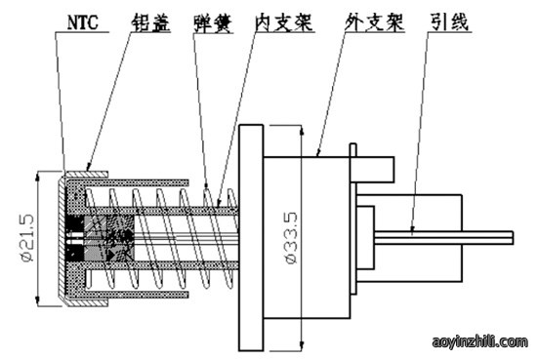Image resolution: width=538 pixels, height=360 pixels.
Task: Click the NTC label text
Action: [83, 22]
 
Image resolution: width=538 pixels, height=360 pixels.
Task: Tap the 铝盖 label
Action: [150, 22]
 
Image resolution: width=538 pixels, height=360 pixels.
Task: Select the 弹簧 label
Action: [213, 23]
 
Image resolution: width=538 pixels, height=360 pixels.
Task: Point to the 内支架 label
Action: [284, 22]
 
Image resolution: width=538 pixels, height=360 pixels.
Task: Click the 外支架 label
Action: [375, 22]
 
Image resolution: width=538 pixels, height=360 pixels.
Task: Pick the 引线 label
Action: [449, 22]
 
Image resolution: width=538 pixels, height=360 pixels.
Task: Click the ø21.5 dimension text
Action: [27, 238]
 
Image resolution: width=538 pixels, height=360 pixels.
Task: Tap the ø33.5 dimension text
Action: [291, 238]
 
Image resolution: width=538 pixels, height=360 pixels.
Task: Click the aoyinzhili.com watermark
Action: [479, 341]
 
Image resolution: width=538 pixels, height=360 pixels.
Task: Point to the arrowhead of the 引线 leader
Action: [412, 229]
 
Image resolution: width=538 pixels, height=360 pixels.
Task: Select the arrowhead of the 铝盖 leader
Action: [89, 167]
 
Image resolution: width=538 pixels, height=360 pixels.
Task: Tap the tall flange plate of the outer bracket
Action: [251, 238]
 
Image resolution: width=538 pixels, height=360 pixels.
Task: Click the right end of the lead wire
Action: [513, 238]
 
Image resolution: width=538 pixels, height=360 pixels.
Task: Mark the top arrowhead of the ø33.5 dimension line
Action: [302, 130]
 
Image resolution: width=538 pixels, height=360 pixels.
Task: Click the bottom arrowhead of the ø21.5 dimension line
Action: [38, 301]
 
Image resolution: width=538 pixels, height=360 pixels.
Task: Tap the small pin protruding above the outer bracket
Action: [353, 150]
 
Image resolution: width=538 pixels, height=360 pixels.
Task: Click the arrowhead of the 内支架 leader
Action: [219, 203]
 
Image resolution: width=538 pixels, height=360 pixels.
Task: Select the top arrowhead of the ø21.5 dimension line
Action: [38, 177]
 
